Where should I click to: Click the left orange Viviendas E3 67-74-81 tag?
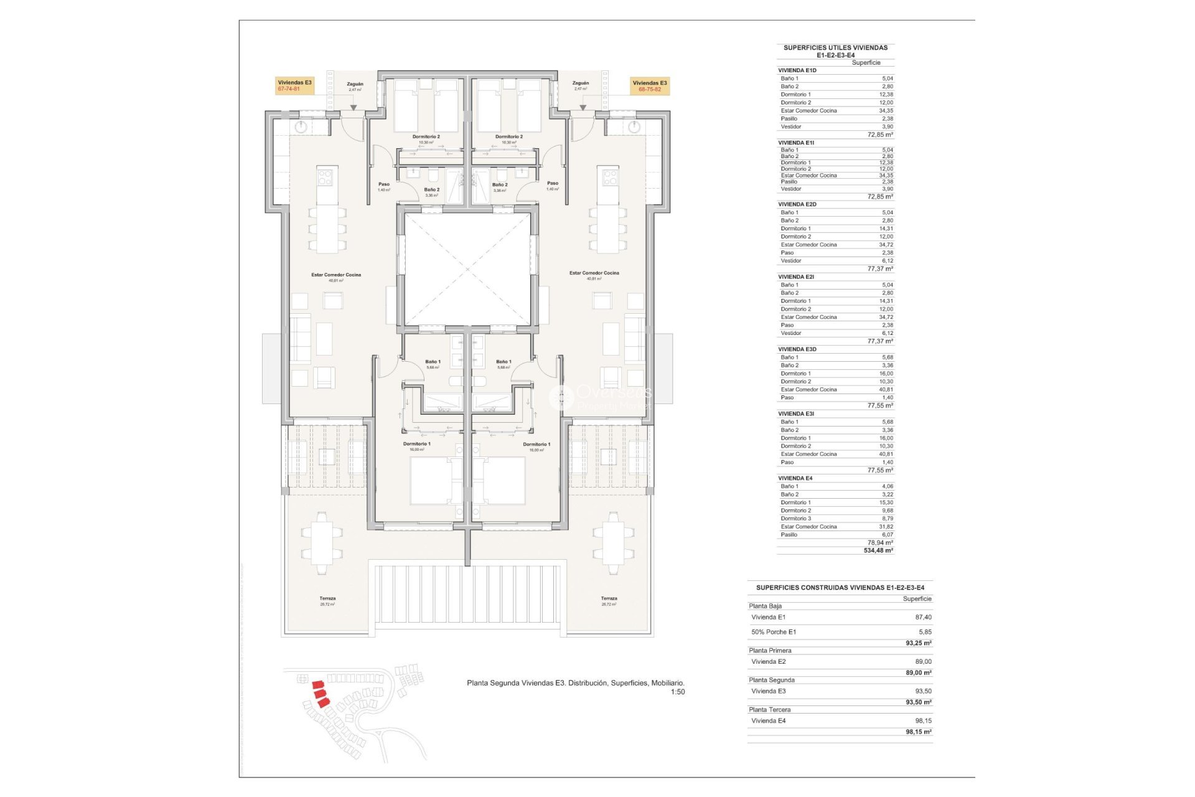(294, 86)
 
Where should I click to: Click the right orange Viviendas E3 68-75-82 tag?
(650, 86)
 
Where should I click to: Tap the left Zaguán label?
(355, 84)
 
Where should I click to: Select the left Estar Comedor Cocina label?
(336, 275)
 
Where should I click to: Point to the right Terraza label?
(609, 598)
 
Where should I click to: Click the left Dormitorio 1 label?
(416, 444)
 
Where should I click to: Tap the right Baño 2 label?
(499, 185)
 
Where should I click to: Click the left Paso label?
(384, 184)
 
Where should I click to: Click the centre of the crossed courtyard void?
(467, 269)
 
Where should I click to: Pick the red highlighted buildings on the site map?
(320, 693)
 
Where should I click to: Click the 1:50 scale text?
(678, 692)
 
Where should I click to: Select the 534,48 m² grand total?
(878, 550)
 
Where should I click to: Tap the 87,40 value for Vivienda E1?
(923, 617)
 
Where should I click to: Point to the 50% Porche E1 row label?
(774, 632)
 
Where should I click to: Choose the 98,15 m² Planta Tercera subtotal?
(919, 732)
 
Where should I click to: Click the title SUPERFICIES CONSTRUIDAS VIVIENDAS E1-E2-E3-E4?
(840, 587)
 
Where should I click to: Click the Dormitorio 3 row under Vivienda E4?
(796, 519)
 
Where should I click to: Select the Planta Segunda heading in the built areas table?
(772, 680)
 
